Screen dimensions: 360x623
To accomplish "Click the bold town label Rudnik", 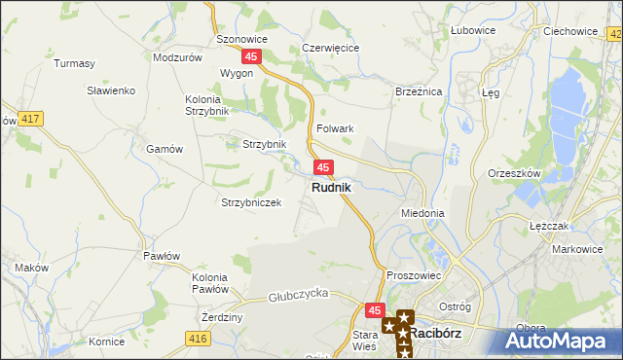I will (x=332, y=187).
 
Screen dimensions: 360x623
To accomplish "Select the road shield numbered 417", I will (x=29, y=119).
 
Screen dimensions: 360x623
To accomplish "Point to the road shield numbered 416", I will (x=199, y=338).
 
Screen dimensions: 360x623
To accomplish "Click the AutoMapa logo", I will (x=563, y=342).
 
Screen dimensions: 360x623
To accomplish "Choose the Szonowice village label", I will (x=241, y=40).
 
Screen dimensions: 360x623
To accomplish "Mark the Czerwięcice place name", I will (x=331, y=47).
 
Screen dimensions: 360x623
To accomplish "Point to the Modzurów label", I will (x=177, y=57).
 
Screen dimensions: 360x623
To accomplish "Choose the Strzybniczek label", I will (x=251, y=202).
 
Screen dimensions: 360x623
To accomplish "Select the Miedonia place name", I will (x=422, y=212).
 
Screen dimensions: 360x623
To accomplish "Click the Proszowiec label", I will (x=415, y=275).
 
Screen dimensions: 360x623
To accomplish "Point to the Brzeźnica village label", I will (x=419, y=90).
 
